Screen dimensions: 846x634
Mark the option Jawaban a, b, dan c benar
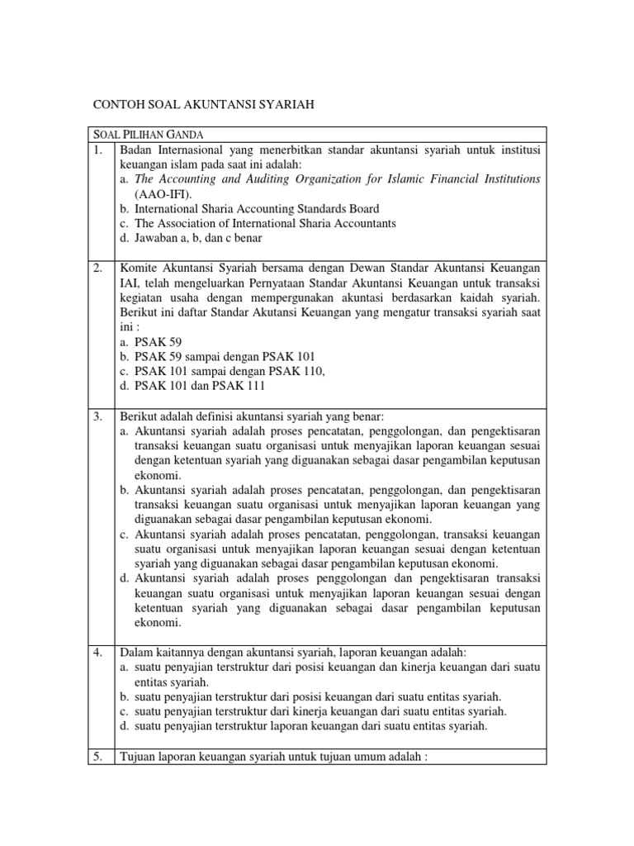[x=196, y=239]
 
